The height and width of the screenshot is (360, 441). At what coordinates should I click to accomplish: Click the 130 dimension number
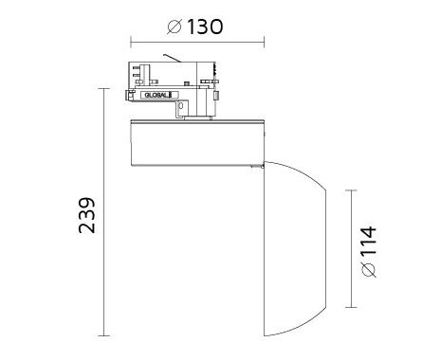coord(205,27)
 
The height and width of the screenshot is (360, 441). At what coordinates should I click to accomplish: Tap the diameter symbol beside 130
coord(175,27)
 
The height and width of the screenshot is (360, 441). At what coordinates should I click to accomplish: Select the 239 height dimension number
coord(86,216)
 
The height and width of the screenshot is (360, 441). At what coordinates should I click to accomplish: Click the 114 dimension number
coord(369,241)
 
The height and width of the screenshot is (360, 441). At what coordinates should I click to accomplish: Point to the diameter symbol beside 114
coord(369,269)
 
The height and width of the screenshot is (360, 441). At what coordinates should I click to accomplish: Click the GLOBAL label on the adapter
coord(157,95)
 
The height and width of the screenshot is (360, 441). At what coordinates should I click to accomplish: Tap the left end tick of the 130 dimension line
coord(131,42)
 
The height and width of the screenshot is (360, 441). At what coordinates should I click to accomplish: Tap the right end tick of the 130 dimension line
coord(264,42)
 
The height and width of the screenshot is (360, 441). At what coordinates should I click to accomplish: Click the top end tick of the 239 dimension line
coord(104,89)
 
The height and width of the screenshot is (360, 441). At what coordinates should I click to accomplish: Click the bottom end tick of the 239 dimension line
coord(104,335)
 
